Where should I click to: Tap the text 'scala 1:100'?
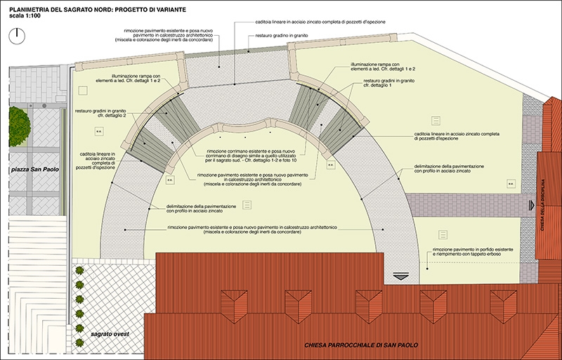pos(23,15)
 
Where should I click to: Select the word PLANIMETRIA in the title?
pos(27,6)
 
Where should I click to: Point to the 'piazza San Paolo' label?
pos(33,170)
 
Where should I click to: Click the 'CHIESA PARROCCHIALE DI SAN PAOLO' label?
pos(361,345)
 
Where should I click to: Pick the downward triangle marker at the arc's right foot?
pos(400,276)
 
